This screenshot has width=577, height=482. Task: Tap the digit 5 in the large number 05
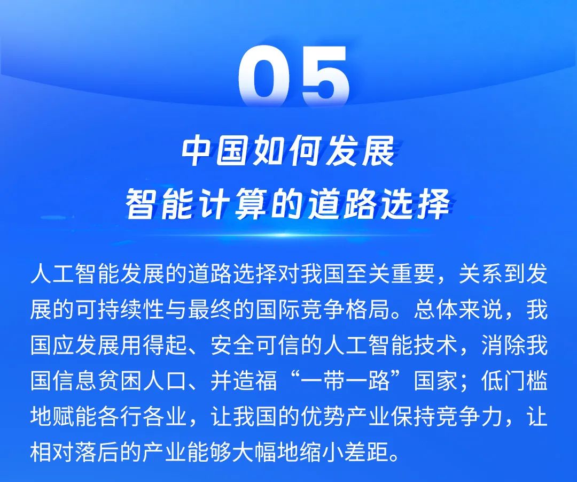click(324, 78)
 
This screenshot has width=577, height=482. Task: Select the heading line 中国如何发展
click(288, 154)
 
